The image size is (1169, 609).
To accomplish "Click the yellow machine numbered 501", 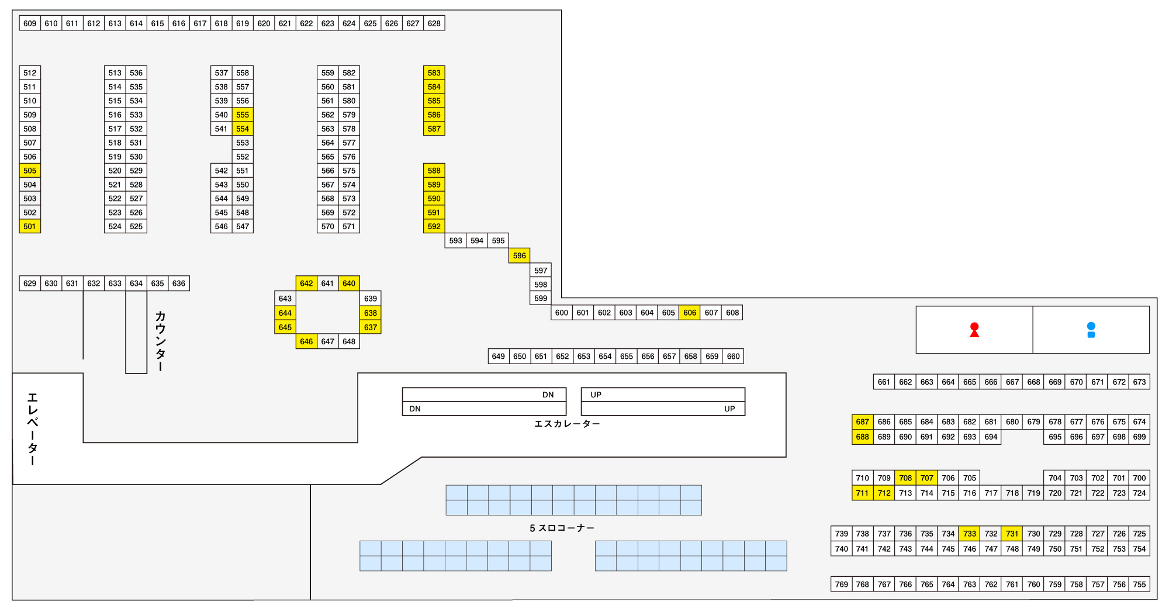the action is point(30,226).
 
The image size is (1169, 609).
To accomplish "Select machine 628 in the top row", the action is point(434,23).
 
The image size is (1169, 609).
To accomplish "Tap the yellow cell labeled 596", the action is point(520,255).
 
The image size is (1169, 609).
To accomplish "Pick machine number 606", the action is point(690,313).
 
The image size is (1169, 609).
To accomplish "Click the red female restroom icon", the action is point(974,330).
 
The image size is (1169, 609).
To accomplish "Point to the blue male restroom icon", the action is point(1091,330).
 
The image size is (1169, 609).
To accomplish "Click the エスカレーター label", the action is point(567,424).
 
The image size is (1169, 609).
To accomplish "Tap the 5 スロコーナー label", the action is point(562,528).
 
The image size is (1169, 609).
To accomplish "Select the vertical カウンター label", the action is point(160,341).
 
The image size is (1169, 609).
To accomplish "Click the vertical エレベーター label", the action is point(33,429).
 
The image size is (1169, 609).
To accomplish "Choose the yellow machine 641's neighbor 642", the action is point(306,283).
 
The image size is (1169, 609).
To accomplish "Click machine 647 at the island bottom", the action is point(328,341).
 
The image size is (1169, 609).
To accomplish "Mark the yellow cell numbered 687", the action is point(863,422).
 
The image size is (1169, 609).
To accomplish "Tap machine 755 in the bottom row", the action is point(1139,584).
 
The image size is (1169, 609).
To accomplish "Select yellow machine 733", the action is point(970,534).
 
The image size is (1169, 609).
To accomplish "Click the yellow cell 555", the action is point(243,115).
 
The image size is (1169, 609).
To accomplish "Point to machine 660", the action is point(733,356).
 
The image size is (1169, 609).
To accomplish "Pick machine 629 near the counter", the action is point(30,283).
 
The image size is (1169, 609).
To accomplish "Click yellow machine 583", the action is point(434,72).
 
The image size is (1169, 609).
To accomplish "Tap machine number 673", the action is point(1139,382).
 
